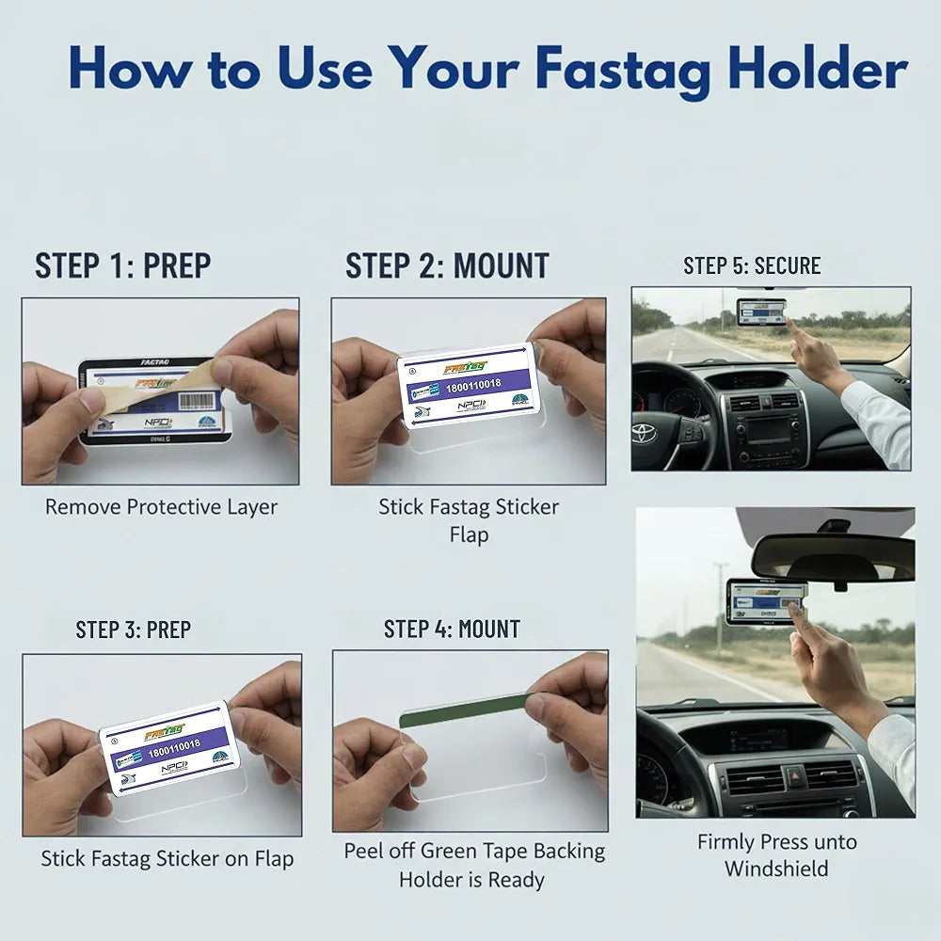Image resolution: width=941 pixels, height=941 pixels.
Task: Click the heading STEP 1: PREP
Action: (x=122, y=266)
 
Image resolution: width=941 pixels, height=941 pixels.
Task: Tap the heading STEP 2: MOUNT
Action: (x=447, y=266)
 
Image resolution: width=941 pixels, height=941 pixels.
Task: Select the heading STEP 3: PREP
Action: (x=133, y=630)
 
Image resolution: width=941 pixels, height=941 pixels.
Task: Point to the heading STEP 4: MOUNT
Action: (x=452, y=630)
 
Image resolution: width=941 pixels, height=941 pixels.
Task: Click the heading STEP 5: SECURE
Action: (x=752, y=266)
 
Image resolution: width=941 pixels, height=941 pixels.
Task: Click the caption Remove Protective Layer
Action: (x=161, y=507)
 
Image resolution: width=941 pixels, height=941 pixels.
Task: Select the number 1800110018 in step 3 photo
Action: (x=174, y=745)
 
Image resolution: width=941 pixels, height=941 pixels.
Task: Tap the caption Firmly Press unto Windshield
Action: (x=776, y=854)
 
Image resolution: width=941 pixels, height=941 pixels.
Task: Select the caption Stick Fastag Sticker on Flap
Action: (x=167, y=858)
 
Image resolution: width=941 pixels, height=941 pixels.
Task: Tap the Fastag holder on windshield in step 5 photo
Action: (x=761, y=311)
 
